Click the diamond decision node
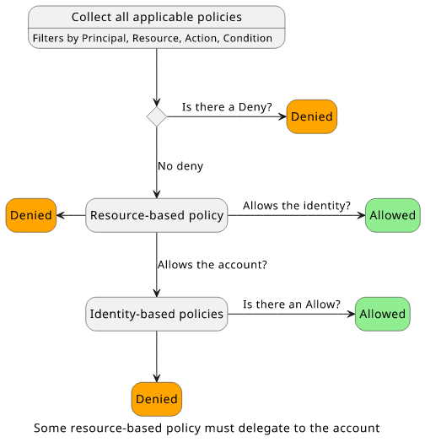click(156, 116)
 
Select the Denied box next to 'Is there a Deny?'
click(312, 116)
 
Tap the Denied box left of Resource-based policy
click(31, 215)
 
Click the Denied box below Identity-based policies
click(156, 399)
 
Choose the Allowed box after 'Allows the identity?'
click(393, 215)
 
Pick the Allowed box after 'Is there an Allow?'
click(383, 314)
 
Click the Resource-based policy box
click(156, 215)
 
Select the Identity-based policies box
click(156, 314)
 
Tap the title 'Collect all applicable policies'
click(156, 17)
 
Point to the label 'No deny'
click(180, 166)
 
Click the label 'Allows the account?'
click(212, 265)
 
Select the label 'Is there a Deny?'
click(227, 107)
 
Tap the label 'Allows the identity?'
click(297, 206)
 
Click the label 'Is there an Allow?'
click(292, 305)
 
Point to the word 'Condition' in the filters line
click(248, 38)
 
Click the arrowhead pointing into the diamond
click(156, 103)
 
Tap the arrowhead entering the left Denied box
click(61, 215)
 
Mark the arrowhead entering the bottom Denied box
click(156, 378)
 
